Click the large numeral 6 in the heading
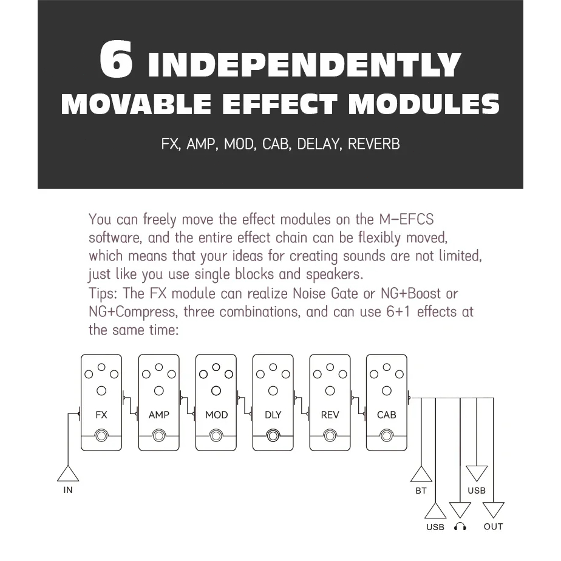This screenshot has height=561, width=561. tap(116, 59)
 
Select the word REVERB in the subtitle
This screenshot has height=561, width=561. tap(373, 144)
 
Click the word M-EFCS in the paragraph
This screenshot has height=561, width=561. tap(406, 219)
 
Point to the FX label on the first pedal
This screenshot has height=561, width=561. tap(101, 415)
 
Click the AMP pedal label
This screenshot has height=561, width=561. tap(159, 415)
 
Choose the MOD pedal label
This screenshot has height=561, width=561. tap(217, 415)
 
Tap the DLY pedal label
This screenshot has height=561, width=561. tap(273, 415)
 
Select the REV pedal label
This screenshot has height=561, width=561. tap(330, 415)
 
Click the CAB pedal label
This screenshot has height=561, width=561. tap(386, 415)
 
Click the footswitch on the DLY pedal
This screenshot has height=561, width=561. tap(273, 436)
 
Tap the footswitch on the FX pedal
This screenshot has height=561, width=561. tap(101, 436)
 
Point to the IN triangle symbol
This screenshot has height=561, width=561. tap(68, 474)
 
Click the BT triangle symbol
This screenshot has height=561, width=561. tap(421, 474)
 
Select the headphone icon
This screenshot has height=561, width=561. tap(460, 526)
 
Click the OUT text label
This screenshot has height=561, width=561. tap(494, 526)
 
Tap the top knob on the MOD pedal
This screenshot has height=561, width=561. tap(216, 367)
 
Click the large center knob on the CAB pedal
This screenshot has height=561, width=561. tap(386, 391)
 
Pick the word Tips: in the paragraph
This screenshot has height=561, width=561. tap(103, 294)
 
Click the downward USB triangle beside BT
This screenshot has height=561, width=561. tap(477, 473)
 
